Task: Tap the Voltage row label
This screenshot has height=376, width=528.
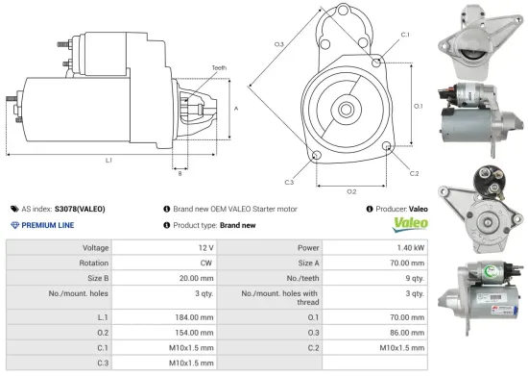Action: [94, 247]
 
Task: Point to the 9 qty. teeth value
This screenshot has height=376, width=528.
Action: [414, 276]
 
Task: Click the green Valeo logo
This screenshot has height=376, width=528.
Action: [407, 224]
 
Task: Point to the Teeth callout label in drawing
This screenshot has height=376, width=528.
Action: [220, 67]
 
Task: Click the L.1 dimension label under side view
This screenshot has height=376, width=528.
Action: [108, 160]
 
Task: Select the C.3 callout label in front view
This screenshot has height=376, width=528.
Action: [289, 181]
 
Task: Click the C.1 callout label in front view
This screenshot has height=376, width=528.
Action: [405, 35]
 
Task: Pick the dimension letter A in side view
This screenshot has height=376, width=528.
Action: [236, 109]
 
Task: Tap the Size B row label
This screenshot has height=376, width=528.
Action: [90, 276]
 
